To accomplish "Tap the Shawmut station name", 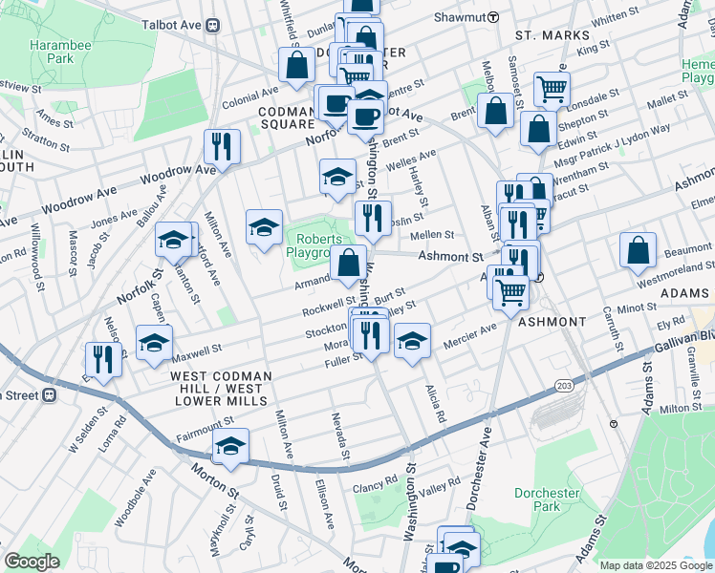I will pos(460,17).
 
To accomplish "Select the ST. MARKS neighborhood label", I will pos(546,35).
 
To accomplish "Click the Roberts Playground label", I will pos(315,245).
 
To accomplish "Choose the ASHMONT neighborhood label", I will pos(552,323).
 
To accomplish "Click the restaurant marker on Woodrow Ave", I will pos(222,146).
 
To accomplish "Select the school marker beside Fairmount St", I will pos(230,445).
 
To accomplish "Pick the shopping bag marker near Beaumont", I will pos(638,249).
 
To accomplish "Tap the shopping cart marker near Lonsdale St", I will pos(552,89).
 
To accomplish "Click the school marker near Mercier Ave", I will pos(412,340).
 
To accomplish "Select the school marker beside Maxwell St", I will pos(154,343).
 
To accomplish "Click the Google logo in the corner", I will pos(32,562).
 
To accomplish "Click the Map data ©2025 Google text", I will pos(656,565).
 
